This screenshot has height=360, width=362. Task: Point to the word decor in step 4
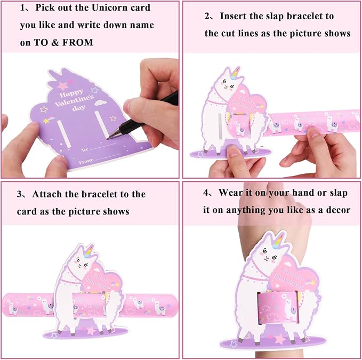click(x=337, y=210)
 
